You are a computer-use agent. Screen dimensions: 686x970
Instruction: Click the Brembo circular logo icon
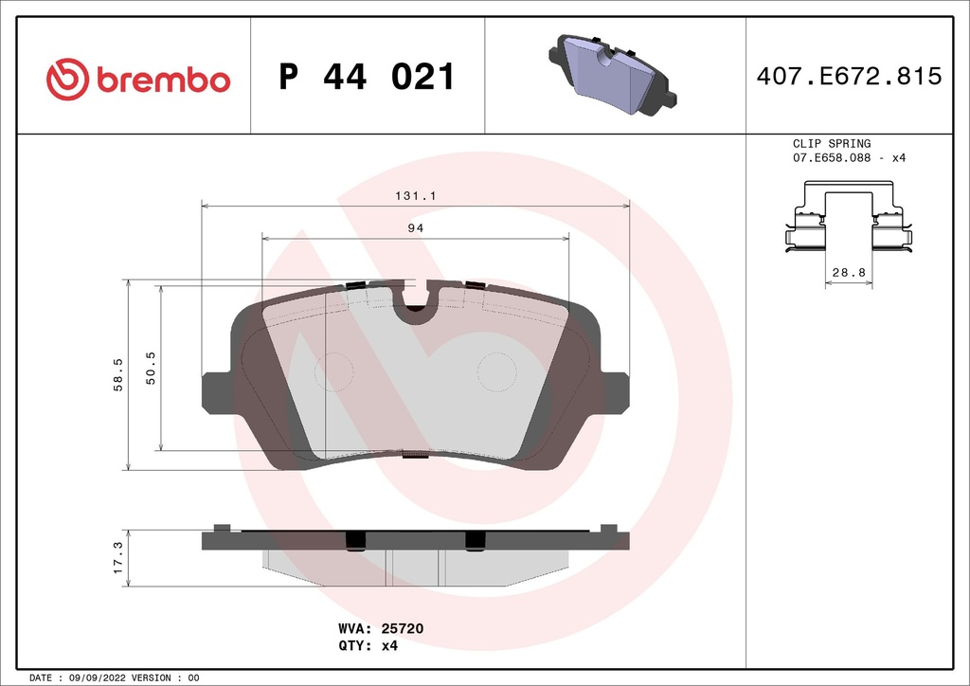pos(67,79)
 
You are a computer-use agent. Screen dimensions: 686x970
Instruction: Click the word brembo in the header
pos(161,80)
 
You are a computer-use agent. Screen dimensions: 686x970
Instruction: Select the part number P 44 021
pos(368,77)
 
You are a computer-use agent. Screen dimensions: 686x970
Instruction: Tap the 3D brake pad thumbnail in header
pos(613,76)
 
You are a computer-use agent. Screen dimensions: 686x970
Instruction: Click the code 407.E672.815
pos(848,77)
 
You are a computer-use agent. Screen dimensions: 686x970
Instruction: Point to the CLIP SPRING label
pos(831,144)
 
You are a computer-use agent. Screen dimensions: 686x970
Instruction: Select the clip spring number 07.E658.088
pos(833,158)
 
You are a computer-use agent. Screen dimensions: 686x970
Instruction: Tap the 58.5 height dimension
pos(118,374)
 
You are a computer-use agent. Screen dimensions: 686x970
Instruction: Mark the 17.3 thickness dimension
pos(118,558)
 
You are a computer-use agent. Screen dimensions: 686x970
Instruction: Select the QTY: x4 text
pos(367,646)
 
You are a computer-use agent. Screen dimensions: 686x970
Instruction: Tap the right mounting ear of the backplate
pos(616,391)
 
